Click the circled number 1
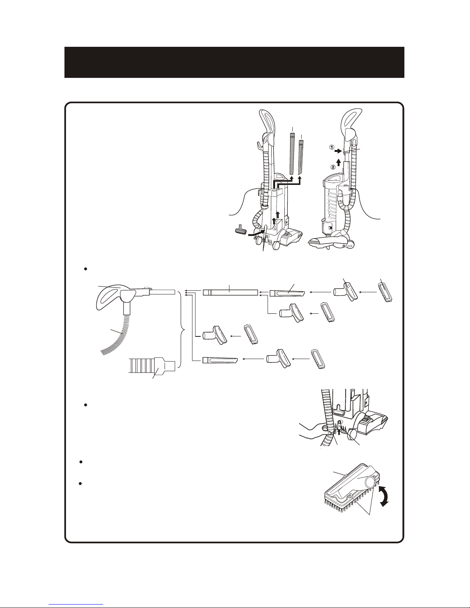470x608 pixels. click(x=331, y=147)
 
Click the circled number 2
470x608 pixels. click(x=333, y=167)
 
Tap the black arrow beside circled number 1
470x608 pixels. click(x=338, y=151)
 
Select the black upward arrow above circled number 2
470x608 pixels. click(x=338, y=162)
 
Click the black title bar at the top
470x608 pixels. click(x=234, y=62)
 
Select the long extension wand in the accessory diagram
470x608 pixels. click(x=230, y=293)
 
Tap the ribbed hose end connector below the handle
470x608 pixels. click(x=152, y=364)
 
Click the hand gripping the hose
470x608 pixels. click(x=315, y=432)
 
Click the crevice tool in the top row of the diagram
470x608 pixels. click(x=287, y=293)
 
